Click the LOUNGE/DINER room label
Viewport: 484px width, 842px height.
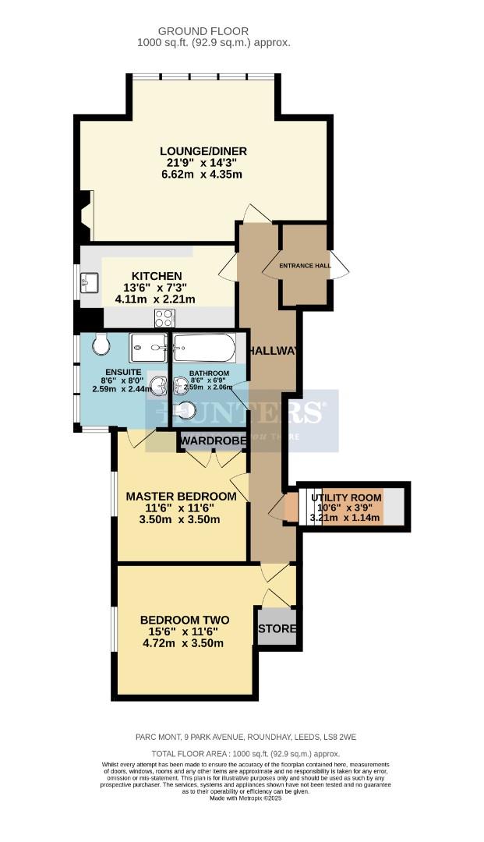tap(203, 150)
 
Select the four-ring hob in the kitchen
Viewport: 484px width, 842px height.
tap(164, 317)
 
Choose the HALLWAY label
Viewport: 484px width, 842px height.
tap(272, 351)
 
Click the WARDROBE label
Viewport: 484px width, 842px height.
tap(214, 441)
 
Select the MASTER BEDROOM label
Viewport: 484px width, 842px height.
tap(181, 497)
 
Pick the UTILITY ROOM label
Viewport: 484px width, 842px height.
tap(346, 497)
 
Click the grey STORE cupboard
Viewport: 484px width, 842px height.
tap(277, 628)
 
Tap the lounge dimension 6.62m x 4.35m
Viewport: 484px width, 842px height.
tap(202, 174)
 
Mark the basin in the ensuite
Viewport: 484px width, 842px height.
tap(160, 384)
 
